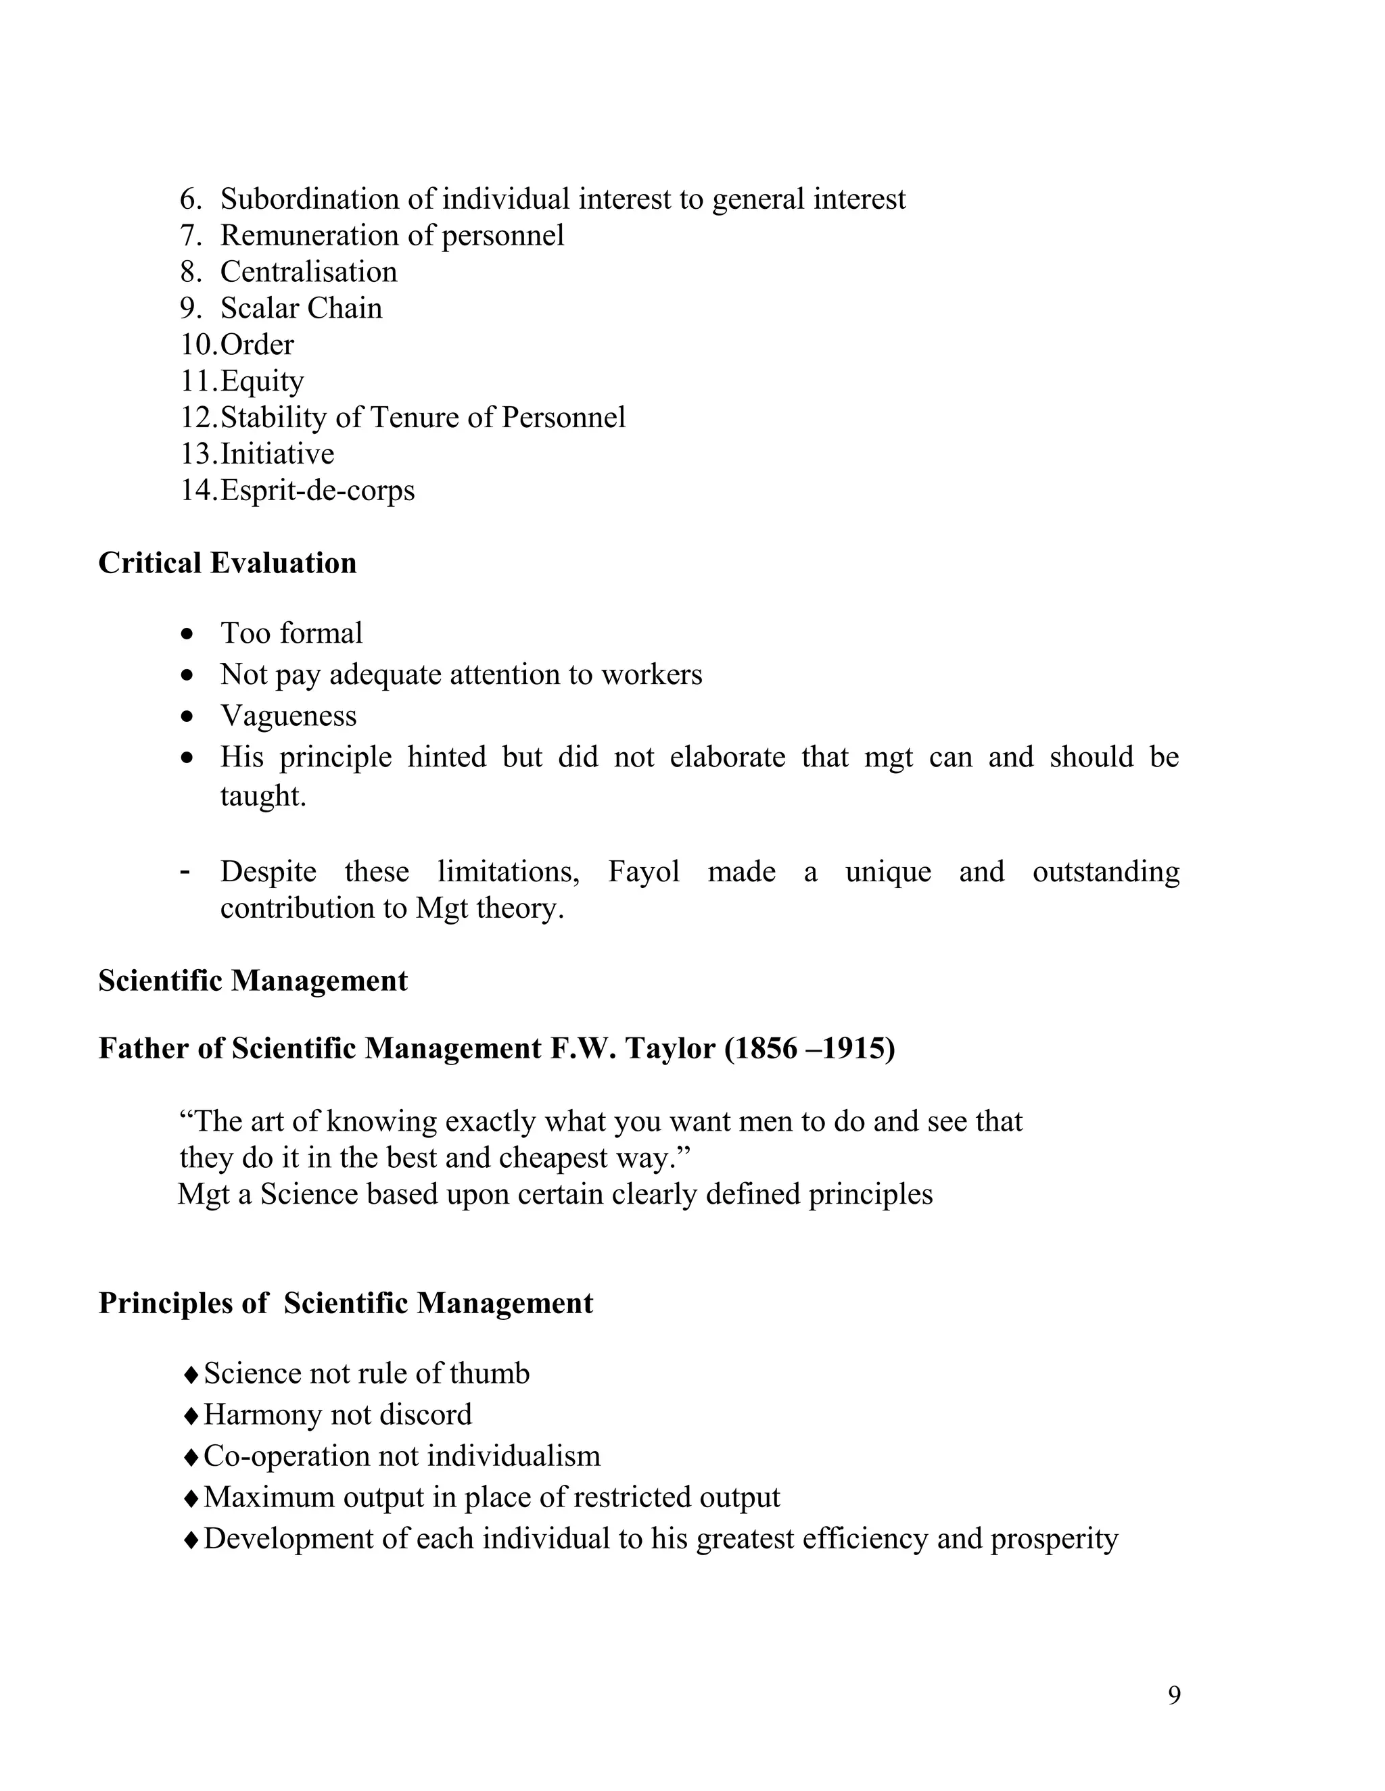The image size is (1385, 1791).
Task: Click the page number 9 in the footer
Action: [1174, 1695]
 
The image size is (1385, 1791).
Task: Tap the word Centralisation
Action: [308, 272]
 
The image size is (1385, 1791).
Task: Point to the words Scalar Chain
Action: [301, 308]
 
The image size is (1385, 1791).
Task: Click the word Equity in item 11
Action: [262, 381]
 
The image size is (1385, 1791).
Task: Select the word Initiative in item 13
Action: [277, 453]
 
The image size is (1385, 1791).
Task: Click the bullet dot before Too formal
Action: [189, 634]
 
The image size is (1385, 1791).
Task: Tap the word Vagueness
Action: [288, 716]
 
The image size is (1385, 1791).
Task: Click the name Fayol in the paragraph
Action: [643, 871]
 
